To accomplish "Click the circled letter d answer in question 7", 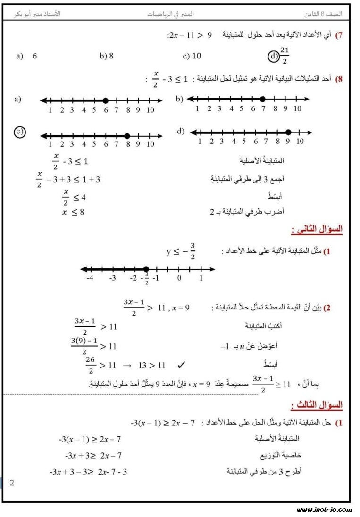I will (x=273, y=57).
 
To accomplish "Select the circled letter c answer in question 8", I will (x=19, y=133).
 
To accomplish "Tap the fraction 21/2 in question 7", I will (x=284, y=55).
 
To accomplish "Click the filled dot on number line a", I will (x=105, y=100).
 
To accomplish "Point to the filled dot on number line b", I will (x=262, y=99).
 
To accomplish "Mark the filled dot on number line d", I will (x=288, y=133).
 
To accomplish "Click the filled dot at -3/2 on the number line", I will (x=146, y=269).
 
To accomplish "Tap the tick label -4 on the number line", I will (x=90, y=278).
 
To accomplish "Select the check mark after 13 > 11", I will (x=181, y=365).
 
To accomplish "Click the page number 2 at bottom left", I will (x=12, y=483).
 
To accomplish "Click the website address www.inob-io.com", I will (x=324, y=509).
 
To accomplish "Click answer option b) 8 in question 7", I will (x=107, y=56).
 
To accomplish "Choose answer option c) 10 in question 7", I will (x=192, y=56).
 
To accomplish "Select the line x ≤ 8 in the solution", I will (x=73, y=212).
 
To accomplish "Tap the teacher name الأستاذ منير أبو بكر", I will (x=36, y=14).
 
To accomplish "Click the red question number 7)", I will (x=339, y=35).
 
